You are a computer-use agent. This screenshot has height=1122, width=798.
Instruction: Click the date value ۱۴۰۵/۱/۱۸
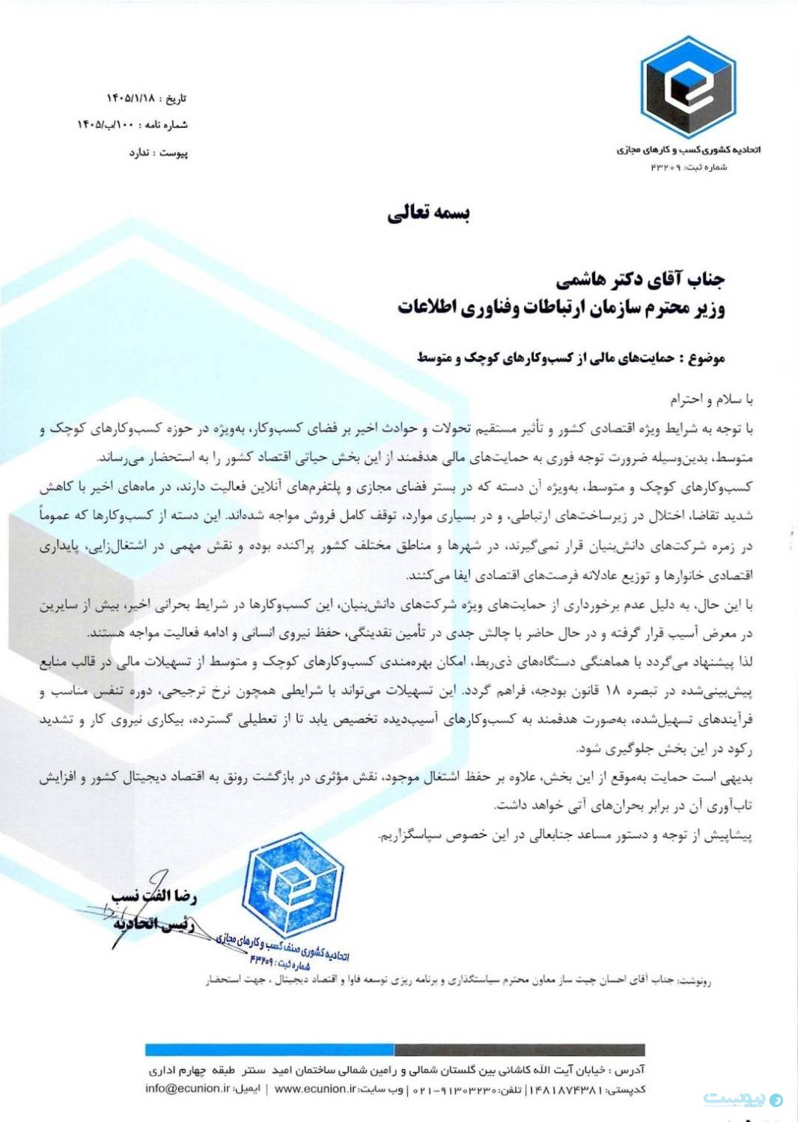pyautogui.click(x=130, y=98)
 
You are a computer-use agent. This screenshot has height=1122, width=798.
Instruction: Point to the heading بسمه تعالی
pyautogui.click(x=428, y=214)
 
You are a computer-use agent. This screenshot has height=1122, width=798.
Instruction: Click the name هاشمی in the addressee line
pyautogui.click(x=583, y=280)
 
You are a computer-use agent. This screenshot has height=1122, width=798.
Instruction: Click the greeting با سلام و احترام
pyautogui.click(x=711, y=399)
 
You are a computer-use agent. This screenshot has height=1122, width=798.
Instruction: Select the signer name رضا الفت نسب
pyautogui.click(x=153, y=895)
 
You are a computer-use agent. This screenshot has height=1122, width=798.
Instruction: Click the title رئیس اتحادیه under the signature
pyautogui.click(x=153, y=925)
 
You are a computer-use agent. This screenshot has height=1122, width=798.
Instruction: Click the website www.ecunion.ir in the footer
pyautogui.click(x=314, y=1088)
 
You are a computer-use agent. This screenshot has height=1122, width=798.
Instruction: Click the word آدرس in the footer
pyautogui.click(x=628, y=1070)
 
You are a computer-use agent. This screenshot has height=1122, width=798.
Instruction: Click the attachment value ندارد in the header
pyautogui.click(x=140, y=153)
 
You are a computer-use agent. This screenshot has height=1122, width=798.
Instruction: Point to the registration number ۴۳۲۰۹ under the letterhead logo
pyautogui.click(x=665, y=167)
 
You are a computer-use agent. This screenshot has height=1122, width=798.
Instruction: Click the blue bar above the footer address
pyautogui.click(x=269, y=1050)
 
